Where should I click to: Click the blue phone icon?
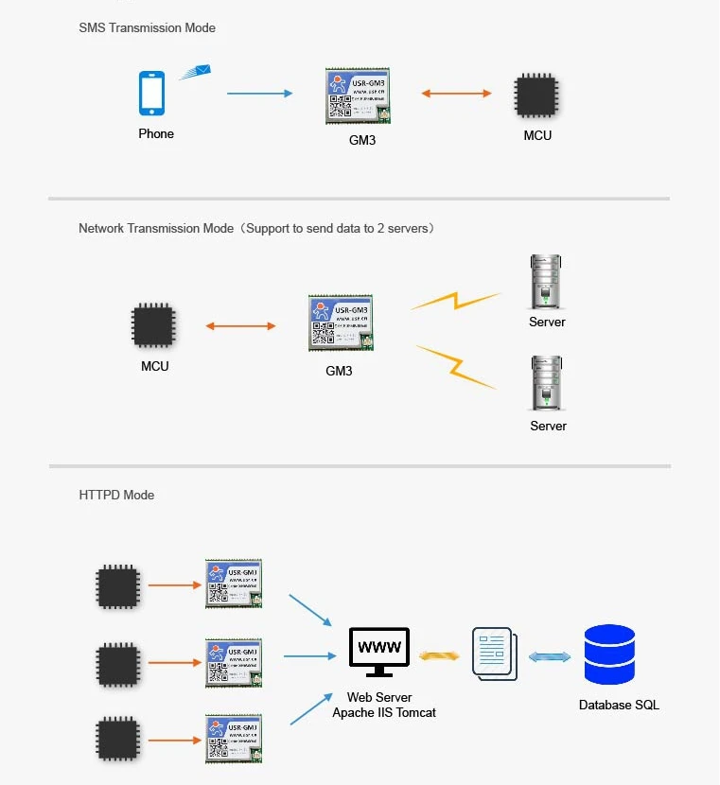click(152, 94)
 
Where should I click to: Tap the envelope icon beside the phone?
click(195, 72)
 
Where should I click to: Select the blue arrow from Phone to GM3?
click(260, 94)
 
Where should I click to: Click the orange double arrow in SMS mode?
click(456, 94)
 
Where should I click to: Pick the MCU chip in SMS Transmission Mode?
click(536, 96)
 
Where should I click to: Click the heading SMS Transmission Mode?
click(147, 27)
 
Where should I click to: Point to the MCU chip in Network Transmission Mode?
click(153, 325)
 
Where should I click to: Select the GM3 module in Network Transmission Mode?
click(340, 323)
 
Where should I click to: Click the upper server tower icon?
click(546, 281)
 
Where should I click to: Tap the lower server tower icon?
click(547, 383)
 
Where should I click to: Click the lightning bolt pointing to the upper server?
click(456, 302)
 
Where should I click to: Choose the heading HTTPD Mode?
click(116, 495)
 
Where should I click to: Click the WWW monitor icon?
click(379, 652)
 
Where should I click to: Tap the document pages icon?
click(494, 654)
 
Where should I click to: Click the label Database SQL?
click(619, 705)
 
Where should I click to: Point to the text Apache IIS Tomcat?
click(384, 712)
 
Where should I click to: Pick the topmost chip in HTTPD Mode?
click(118, 586)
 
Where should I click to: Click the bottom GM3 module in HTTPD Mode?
click(234, 738)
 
